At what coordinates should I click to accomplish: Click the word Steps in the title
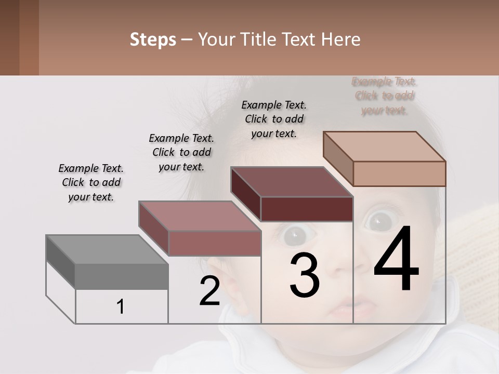(153, 39)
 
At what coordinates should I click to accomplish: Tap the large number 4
(396, 259)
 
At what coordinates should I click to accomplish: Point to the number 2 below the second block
(209, 291)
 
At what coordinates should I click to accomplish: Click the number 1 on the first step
(121, 307)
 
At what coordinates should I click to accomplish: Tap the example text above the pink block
(181, 152)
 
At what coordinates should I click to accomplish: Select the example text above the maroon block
(274, 119)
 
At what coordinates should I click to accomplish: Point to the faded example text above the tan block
(384, 96)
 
